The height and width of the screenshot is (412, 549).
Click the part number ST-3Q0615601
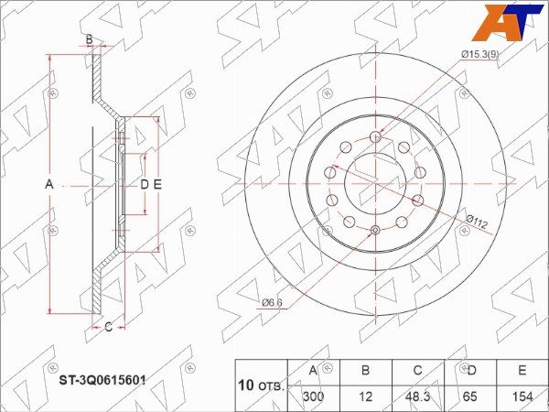coord(102,380)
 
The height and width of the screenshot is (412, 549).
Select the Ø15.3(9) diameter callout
coord(480,54)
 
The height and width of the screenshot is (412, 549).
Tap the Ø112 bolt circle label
coord(477,222)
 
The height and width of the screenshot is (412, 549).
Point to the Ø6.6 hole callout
coord(272,303)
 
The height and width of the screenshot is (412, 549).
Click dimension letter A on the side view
coord(49,184)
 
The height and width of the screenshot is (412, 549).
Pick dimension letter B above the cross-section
coord(90,39)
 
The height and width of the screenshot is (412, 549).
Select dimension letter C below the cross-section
coord(109,327)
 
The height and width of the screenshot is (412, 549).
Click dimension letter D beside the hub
coord(145,184)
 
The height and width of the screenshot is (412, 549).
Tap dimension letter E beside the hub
coord(157,184)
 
